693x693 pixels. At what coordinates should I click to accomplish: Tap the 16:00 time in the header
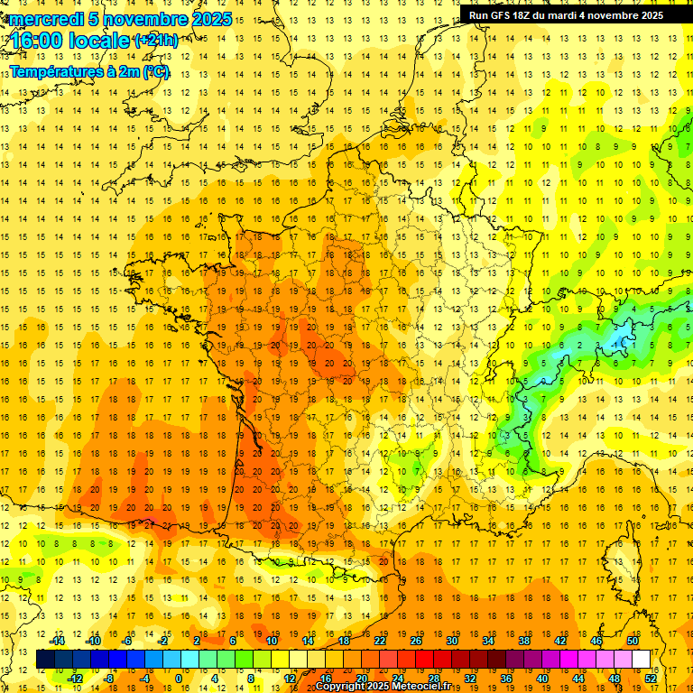click(37, 42)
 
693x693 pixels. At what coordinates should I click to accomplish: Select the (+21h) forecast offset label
click(156, 41)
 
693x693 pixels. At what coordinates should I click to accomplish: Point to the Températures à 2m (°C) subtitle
click(89, 72)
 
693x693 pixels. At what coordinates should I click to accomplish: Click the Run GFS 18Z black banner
click(566, 14)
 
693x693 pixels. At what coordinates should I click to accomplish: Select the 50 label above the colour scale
click(632, 641)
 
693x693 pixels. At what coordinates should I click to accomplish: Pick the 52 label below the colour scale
click(651, 678)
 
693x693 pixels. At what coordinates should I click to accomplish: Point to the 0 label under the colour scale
click(179, 678)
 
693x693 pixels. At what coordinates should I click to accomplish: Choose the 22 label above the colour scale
click(380, 641)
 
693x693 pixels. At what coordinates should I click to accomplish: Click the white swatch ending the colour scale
click(641, 660)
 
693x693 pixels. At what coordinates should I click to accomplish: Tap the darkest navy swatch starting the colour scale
click(45, 660)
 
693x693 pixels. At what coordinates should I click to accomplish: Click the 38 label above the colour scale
click(523, 641)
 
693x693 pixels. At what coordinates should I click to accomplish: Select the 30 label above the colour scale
click(451, 641)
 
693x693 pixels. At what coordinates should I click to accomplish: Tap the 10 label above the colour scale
click(272, 641)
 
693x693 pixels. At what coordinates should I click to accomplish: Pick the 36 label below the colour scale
click(505, 678)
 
